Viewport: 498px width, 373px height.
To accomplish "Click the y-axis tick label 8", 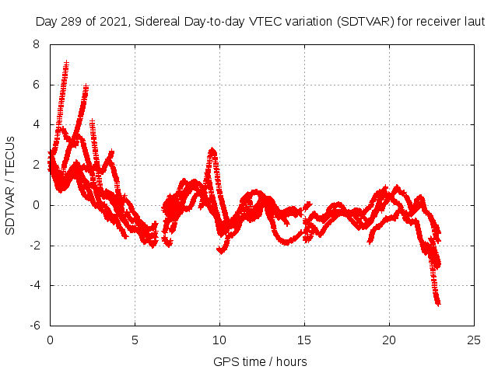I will tap(37, 44).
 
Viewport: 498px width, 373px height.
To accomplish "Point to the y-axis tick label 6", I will tap(37, 85).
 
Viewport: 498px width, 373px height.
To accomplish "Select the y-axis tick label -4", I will tap(34, 285).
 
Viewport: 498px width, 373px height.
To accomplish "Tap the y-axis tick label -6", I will tap(34, 326).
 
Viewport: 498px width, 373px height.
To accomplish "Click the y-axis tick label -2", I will tap(34, 246).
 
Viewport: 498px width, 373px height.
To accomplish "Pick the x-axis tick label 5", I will tap(135, 340).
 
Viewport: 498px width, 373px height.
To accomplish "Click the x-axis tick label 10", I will tap(219, 340).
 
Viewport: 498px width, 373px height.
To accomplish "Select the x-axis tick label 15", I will tap(304, 340).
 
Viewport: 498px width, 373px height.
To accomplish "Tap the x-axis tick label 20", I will tap(389, 340).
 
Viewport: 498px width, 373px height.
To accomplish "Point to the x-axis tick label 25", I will tap(474, 340).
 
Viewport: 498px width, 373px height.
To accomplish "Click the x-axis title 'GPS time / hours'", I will tap(261, 361).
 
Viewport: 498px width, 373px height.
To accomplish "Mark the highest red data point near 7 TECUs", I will tap(67, 63).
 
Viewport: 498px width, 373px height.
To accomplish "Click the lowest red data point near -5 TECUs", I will tap(438, 303).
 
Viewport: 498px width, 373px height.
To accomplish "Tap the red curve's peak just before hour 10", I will tap(212, 150).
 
